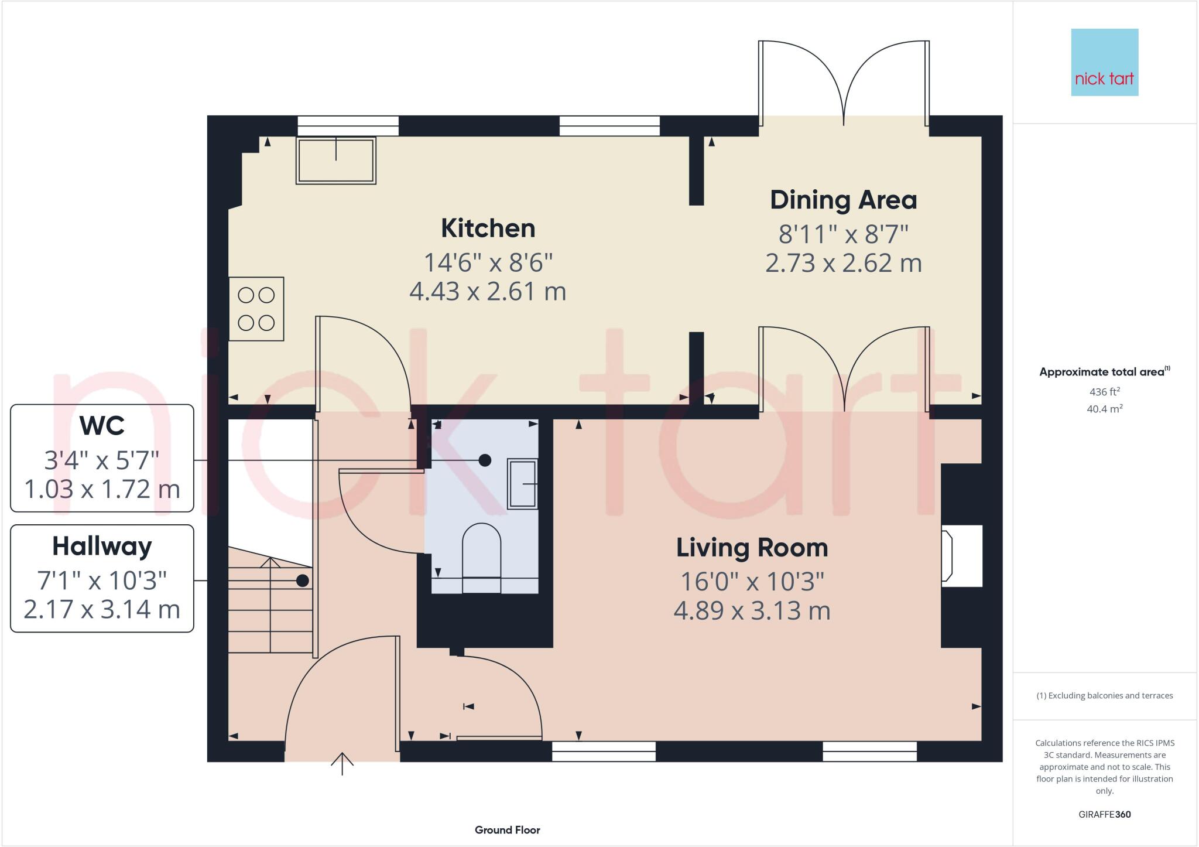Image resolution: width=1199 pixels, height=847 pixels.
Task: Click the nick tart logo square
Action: point(1104,62)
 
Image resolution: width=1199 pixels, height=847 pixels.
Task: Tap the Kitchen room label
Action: point(488,228)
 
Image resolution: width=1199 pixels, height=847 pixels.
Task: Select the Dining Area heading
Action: point(843,200)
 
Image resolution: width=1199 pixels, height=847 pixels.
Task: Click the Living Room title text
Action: point(752,548)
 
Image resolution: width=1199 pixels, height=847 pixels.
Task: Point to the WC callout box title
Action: point(102,426)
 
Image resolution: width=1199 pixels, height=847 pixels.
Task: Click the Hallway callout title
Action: point(102,547)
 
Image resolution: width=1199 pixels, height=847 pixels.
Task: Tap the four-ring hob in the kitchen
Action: point(256,309)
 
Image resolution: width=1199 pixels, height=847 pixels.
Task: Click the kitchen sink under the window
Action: point(335,160)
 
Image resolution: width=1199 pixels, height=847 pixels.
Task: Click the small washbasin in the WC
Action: point(522,484)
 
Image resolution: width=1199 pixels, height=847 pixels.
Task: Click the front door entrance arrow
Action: point(342,763)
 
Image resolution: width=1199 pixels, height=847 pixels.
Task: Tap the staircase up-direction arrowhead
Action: point(270,562)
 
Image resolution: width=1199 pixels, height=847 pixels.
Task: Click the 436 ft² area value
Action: point(1104,392)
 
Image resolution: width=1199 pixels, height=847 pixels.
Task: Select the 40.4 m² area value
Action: point(1104,409)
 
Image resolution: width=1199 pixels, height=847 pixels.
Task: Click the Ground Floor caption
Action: point(507,830)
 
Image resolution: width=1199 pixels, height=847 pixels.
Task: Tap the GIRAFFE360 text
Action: point(1104,814)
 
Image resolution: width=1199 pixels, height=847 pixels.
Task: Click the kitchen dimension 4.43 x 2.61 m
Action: point(488,292)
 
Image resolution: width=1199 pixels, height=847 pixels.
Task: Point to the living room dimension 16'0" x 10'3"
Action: point(752,582)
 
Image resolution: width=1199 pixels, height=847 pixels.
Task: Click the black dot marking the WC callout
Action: point(485,460)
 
